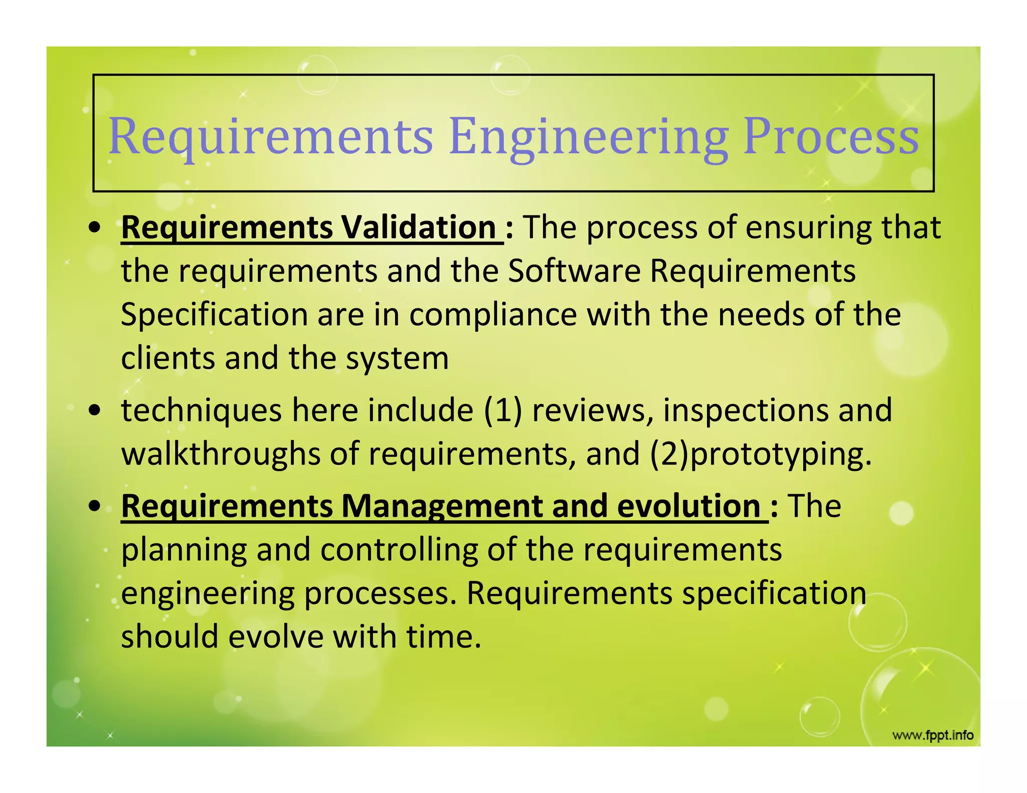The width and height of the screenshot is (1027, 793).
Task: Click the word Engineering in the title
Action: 588,136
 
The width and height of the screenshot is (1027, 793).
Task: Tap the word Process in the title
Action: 831,136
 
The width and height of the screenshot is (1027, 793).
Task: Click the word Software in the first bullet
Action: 574,271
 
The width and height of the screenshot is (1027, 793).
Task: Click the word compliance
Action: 493,315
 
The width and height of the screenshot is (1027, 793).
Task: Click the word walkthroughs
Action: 220,454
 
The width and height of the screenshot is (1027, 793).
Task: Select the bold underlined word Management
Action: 441,506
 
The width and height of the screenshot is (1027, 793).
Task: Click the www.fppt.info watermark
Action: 933,735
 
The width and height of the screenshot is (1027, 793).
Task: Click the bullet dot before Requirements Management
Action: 94,507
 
